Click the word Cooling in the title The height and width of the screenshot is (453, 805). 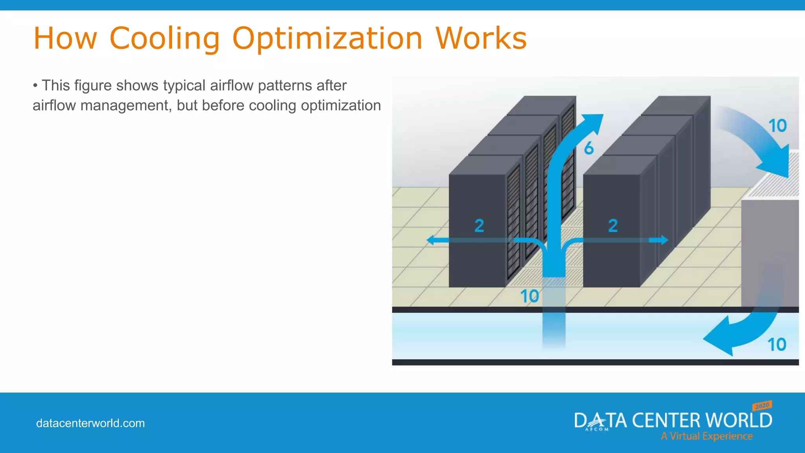click(164, 39)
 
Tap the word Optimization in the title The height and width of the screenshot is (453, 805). click(327, 39)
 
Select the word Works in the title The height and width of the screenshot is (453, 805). click(481, 39)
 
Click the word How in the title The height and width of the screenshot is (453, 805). click(65, 39)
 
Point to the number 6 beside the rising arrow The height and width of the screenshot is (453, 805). click(588, 148)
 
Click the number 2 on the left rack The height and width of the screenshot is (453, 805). click(479, 225)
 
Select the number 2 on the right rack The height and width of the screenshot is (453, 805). click(613, 225)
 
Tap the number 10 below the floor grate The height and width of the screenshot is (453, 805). click(529, 296)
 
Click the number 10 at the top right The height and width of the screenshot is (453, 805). click(777, 126)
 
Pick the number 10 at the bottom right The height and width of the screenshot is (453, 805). click(777, 344)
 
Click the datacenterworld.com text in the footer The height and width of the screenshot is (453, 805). click(90, 423)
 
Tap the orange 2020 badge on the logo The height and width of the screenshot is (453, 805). click(762, 405)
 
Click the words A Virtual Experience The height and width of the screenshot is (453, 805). click(706, 436)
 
